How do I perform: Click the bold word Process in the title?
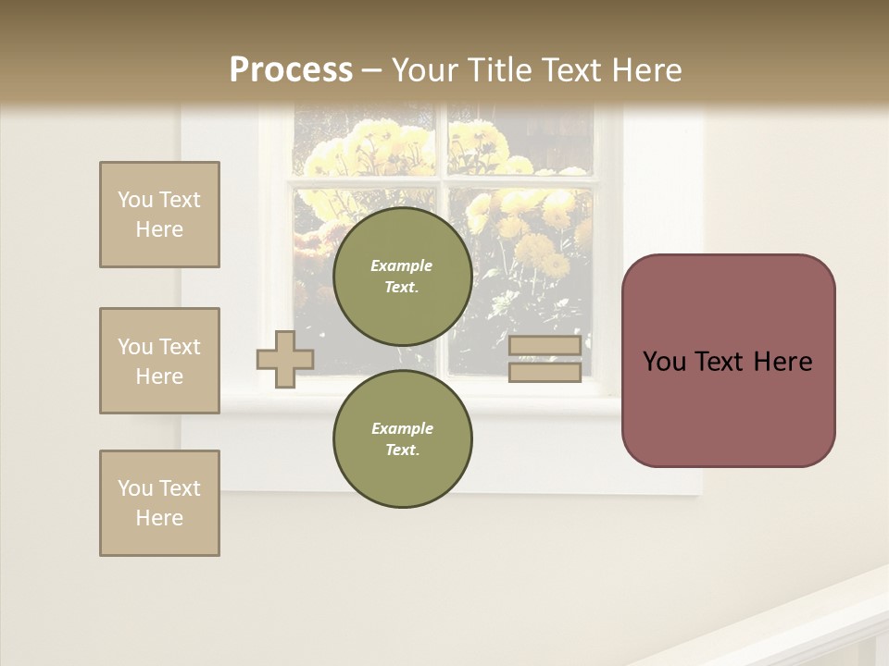coord(291,70)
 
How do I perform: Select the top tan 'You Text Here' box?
coord(159,215)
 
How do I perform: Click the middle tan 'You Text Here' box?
coord(159,361)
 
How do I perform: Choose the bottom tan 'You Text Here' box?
coord(159,503)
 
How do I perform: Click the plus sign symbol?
coord(285,359)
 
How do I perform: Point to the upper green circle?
coord(402,277)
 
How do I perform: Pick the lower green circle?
coord(402,438)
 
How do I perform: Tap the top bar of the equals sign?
coord(545,346)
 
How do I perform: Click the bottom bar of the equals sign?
coord(545,372)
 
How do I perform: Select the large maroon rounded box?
coord(728,361)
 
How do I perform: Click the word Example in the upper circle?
coord(402,265)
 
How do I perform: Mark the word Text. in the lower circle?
coord(402,450)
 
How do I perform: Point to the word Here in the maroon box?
coord(783,362)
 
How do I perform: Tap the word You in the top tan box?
coord(134,200)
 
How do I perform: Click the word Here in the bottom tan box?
coord(159,518)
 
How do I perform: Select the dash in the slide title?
coord(371,70)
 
